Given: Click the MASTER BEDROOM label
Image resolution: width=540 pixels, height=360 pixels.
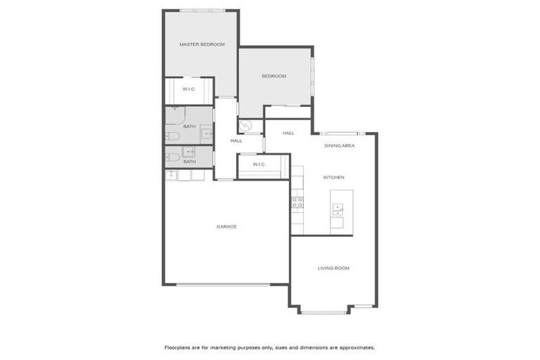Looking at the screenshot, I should tap(202, 44).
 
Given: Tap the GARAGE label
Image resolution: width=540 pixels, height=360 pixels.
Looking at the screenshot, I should tap(226, 226).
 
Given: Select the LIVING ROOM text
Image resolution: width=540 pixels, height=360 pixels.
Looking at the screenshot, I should tap(333, 268).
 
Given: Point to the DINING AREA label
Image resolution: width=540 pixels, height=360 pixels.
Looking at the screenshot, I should tap(339, 146).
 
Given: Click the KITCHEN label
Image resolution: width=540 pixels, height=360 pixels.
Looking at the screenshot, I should tap(333, 177).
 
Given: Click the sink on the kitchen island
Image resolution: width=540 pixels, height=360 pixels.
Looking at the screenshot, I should tap(337, 207).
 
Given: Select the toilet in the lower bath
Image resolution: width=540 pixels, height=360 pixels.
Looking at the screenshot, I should tap(173, 157).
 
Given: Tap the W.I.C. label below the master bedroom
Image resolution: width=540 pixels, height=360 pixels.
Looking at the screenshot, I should tap(188, 89).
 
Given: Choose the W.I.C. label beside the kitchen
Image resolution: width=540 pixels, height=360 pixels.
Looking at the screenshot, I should tap(258, 165).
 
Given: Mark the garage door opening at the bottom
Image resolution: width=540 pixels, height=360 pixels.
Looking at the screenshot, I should tap(223, 284).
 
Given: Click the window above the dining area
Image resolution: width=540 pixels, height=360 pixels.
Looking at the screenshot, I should tap(340, 133).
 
